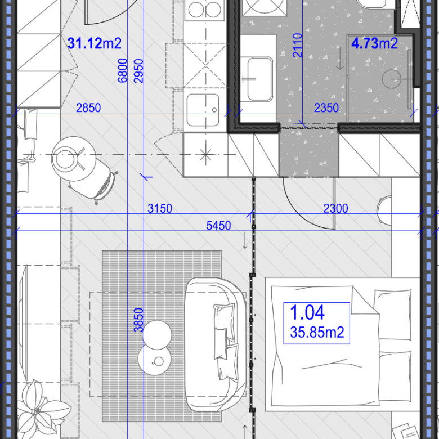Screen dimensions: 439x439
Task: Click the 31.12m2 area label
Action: (x=95, y=43)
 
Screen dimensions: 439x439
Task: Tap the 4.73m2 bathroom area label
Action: (x=374, y=43)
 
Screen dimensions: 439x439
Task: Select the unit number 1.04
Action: (x=307, y=312)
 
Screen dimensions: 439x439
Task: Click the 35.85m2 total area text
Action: (x=317, y=332)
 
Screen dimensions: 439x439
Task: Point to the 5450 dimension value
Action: (x=218, y=226)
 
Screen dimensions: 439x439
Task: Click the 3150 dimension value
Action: (x=160, y=209)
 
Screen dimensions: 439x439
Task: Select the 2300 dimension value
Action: (x=335, y=209)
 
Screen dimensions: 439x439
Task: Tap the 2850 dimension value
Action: (x=88, y=108)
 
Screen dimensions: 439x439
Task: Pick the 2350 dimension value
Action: (x=326, y=108)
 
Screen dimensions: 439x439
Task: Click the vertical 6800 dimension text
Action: (x=122, y=70)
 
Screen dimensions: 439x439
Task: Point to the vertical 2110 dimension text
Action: (x=297, y=46)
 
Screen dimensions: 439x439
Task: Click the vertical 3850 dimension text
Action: (x=138, y=320)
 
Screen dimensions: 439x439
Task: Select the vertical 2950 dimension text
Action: (x=138, y=71)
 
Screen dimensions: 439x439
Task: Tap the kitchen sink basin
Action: (x=203, y=110)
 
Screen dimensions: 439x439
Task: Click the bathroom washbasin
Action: (x=260, y=79)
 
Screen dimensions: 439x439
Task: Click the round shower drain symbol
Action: (x=391, y=79)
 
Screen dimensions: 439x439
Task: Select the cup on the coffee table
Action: (x=159, y=361)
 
